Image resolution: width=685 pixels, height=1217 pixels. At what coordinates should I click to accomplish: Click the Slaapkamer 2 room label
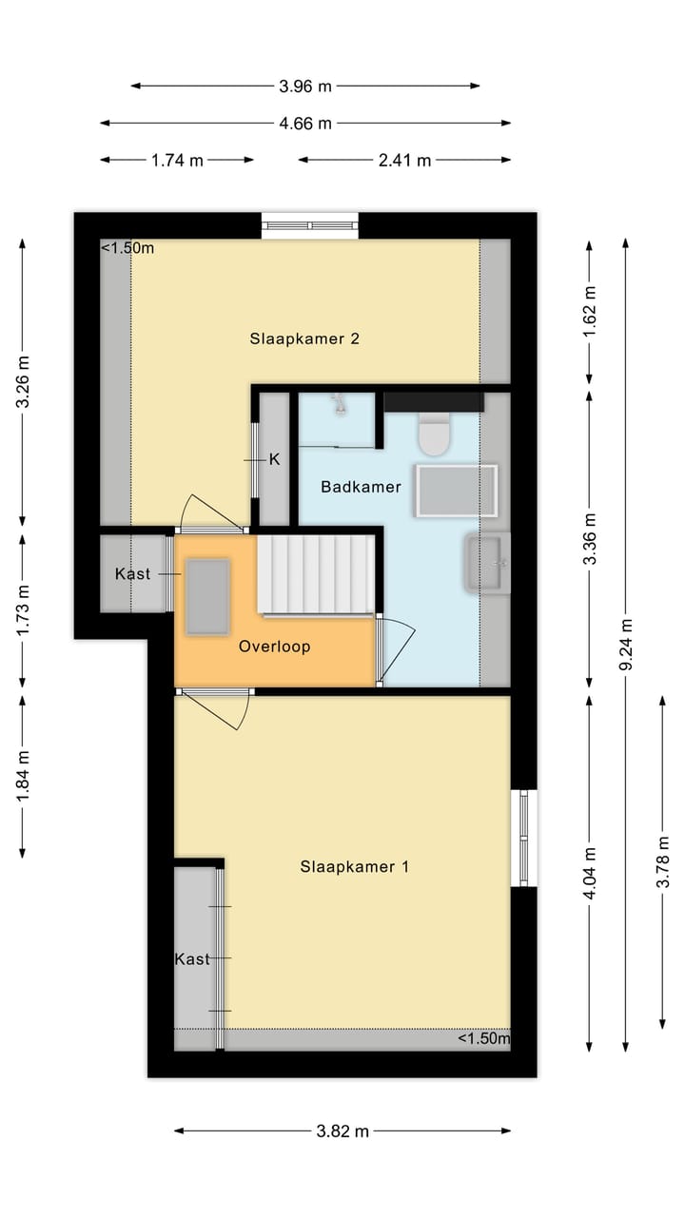[x=304, y=338]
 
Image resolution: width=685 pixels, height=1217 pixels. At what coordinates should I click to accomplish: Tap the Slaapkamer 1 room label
[x=354, y=866]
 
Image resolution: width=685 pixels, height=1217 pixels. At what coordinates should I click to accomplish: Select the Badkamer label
[x=361, y=487]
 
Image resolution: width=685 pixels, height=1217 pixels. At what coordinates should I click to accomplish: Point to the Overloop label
[x=274, y=647]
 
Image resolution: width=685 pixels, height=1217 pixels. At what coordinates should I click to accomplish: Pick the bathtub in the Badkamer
[x=456, y=491]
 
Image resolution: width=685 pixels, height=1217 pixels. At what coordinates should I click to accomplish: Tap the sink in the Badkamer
[x=488, y=564]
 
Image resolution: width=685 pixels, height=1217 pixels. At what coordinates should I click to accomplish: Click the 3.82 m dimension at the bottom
[x=342, y=1131]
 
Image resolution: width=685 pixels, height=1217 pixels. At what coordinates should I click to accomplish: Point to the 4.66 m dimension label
[x=305, y=123]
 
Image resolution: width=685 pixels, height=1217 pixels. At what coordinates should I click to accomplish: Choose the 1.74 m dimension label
[x=177, y=161]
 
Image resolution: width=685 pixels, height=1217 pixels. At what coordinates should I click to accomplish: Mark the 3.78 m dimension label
[x=662, y=861]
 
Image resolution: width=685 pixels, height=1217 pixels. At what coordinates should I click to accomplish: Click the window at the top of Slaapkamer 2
[x=311, y=225]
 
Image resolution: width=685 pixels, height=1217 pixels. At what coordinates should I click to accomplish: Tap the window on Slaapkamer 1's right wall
[x=523, y=838]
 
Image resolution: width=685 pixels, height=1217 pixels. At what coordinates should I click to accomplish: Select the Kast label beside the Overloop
[x=132, y=574]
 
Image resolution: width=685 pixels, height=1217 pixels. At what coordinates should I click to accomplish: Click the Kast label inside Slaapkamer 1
[x=191, y=959]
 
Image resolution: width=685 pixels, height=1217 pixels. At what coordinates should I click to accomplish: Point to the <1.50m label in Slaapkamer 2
[x=127, y=248]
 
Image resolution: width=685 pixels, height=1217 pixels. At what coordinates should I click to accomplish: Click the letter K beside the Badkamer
[x=274, y=459]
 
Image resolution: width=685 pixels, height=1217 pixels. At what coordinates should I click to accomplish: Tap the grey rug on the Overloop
[x=207, y=596]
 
